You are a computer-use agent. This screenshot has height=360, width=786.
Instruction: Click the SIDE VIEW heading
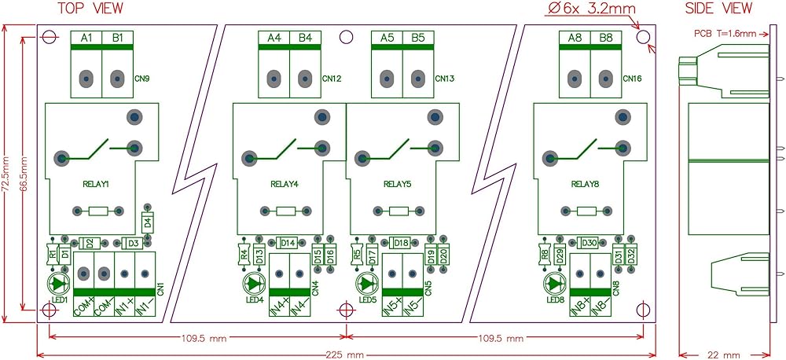(718, 9)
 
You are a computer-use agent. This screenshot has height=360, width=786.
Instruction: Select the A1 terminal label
(86, 38)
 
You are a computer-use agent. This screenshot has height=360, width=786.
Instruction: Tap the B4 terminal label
(305, 38)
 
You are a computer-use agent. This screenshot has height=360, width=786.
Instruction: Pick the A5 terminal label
(387, 38)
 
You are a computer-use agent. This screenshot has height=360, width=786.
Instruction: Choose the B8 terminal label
(606, 38)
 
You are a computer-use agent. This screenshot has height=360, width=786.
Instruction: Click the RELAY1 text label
(96, 184)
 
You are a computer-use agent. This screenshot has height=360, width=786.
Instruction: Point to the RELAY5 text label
(398, 184)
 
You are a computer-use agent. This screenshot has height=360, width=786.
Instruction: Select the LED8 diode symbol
(555, 283)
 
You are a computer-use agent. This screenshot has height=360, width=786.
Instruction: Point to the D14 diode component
(288, 242)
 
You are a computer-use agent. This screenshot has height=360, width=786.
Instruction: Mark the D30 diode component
(589, 242)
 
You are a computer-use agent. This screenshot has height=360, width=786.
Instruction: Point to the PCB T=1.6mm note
(725, 33)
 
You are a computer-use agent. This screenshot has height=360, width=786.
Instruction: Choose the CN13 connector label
(444, 79)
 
